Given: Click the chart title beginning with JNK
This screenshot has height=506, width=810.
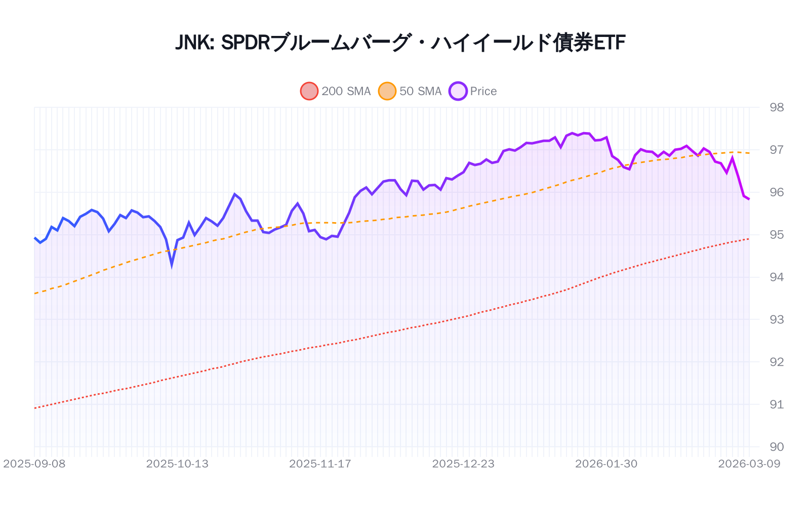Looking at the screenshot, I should coord(400,43).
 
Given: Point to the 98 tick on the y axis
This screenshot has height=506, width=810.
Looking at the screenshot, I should coord(776,107).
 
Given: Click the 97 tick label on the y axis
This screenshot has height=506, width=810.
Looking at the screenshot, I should coord(776,150).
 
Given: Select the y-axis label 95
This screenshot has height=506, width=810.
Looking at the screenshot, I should coord(776,235).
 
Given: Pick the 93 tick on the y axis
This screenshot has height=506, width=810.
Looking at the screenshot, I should coord(776,319).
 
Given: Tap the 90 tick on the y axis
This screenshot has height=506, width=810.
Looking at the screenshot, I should coord(776,447).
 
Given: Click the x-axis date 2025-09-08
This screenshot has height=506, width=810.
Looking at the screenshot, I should coord(34,464).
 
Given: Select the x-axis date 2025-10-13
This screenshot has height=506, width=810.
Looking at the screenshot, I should coord(177,464).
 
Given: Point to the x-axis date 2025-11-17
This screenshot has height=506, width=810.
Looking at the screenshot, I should coord(320,464).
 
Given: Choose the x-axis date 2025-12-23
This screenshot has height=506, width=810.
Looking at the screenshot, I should coord(463,464).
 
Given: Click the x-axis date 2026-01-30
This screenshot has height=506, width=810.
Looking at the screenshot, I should coord(606,464).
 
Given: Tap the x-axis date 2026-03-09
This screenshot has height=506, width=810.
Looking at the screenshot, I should coord(749,464).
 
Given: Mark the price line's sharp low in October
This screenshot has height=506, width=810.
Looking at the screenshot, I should coord(172,264).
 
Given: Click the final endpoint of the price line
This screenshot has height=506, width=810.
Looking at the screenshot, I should coord(749,199).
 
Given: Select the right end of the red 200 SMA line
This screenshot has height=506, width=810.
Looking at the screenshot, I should coord(749,239).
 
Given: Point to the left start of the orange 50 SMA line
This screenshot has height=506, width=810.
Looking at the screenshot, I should coord(34,293).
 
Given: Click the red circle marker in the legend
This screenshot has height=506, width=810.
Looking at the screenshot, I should coord(309,91).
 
